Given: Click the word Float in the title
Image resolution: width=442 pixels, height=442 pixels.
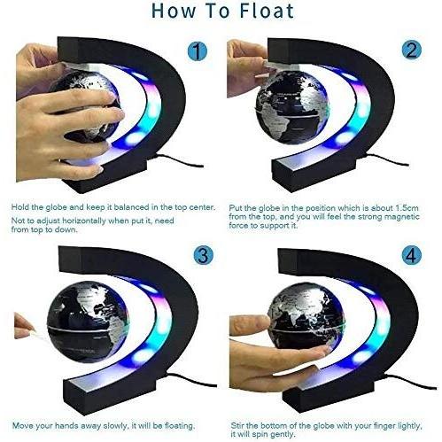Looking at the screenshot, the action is point(267,11).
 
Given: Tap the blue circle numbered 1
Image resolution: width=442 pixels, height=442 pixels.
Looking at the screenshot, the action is point(198,50).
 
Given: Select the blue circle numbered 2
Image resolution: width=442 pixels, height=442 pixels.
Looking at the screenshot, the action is point(412,50).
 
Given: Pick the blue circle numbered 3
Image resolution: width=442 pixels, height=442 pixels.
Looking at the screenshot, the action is point(204,255).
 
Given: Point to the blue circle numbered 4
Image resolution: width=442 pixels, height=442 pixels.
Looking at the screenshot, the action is point(412,255).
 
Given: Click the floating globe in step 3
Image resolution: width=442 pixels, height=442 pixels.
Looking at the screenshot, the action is point(88,322).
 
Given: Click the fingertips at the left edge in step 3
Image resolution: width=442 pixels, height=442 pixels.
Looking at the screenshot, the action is point(23,326).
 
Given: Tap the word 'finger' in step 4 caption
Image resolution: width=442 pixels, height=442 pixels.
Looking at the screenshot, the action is point(388,426).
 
